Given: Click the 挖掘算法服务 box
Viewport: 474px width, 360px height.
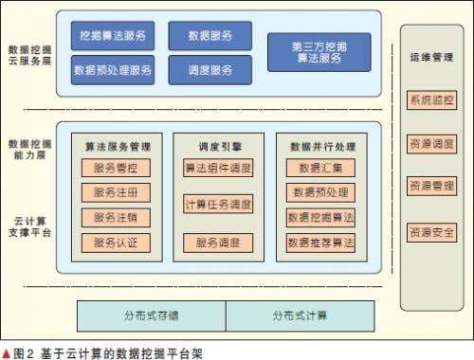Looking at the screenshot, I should pos(112,36).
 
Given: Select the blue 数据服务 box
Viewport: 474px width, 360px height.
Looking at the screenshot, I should pos(210,36).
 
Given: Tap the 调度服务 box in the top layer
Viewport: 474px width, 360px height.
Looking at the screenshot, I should pos(210,69).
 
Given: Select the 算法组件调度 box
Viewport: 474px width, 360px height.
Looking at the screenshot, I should pos(218,168).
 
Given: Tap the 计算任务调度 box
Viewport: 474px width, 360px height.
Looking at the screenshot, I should pos(218,204).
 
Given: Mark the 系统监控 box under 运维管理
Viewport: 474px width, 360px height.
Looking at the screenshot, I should pos(430,99).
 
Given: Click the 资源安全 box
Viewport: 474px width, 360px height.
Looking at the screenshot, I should pos(430,231).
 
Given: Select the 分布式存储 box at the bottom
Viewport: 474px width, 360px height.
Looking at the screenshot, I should pos(150,315).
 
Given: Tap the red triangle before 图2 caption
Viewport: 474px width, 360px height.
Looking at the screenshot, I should pos(7,351).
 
